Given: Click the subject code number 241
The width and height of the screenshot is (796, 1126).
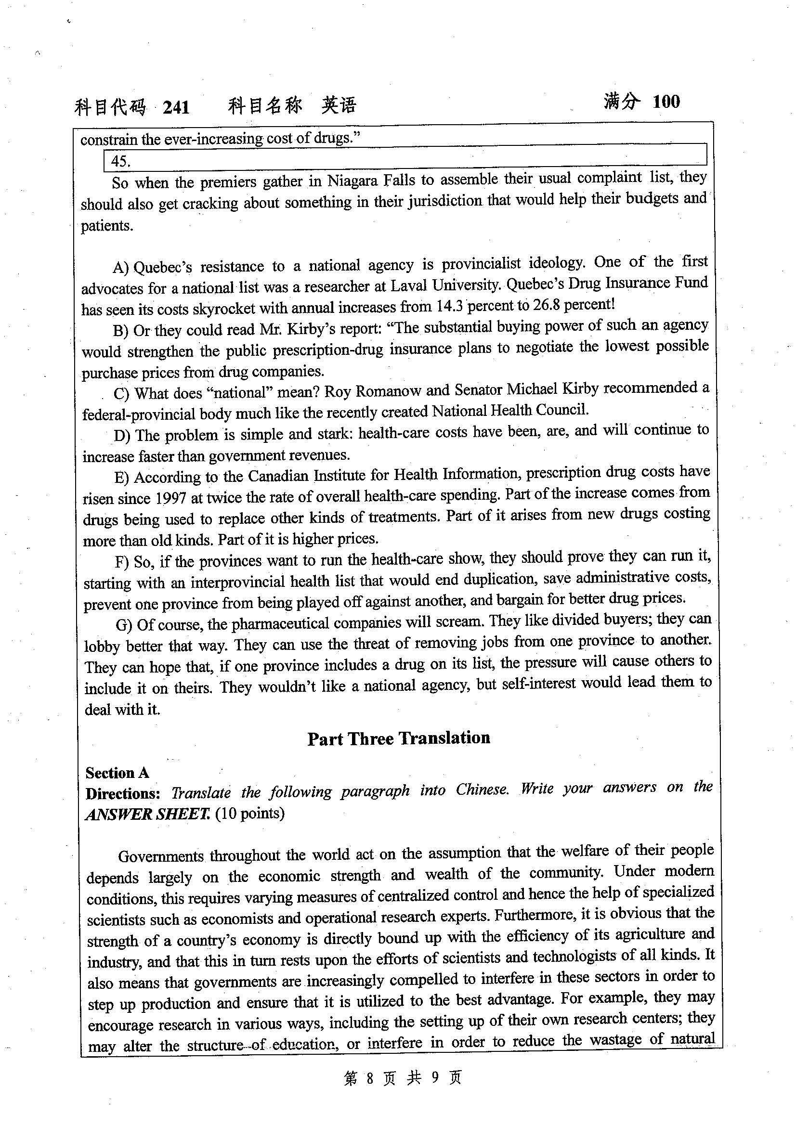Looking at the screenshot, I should pyautogui.click(x=176, y=107).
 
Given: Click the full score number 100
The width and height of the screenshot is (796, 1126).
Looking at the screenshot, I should pyautogui.click(x=666, y=102).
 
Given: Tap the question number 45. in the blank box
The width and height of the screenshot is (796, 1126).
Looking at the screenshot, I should pyautogui.click(x=121, y=161).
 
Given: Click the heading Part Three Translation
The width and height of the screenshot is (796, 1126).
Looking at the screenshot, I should pyautogui.click(x=398, y=738).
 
